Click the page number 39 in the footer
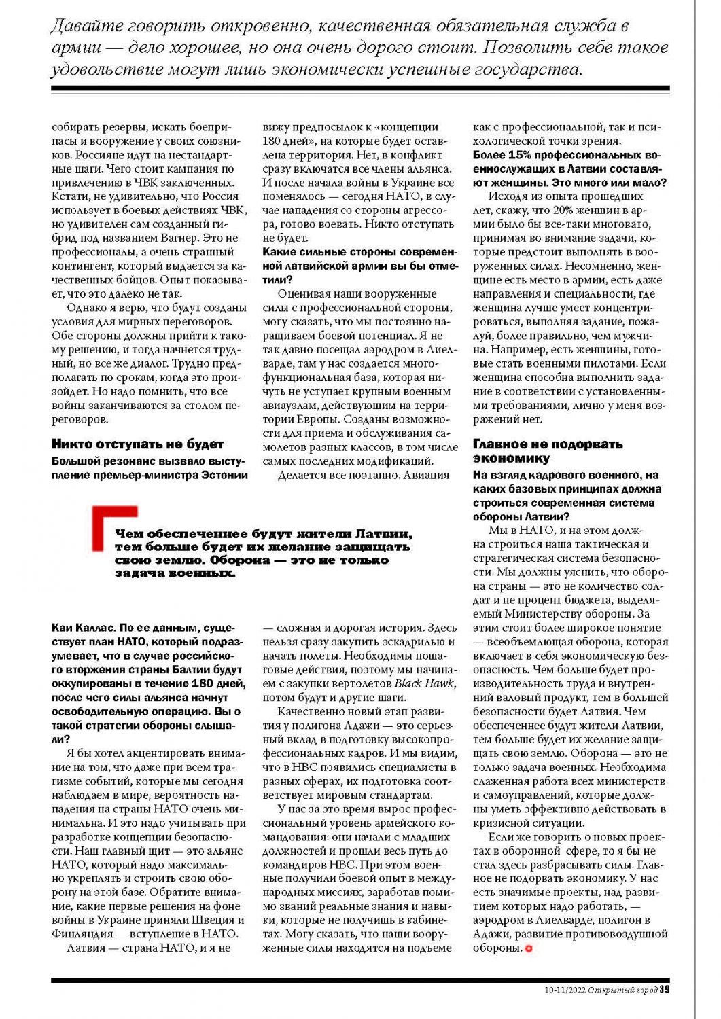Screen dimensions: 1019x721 665,989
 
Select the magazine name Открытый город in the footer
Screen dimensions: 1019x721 622,990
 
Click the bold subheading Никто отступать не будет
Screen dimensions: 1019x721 137,444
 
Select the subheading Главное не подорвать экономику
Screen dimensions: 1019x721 547,451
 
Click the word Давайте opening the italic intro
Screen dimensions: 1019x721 86,26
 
